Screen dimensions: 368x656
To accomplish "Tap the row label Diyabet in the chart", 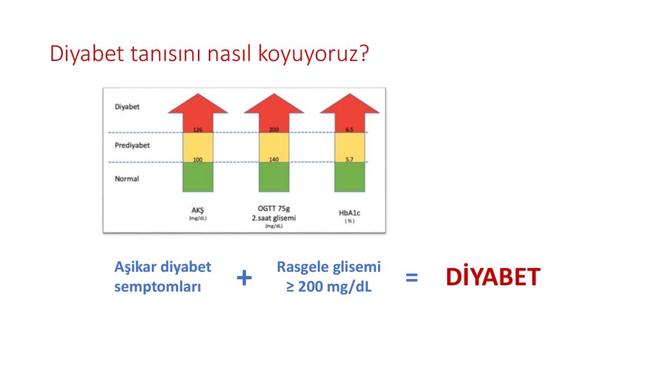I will (x=127, y=106).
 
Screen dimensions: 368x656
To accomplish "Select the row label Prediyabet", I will (x=132, y=145).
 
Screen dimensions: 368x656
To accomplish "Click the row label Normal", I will (x=127, y=179).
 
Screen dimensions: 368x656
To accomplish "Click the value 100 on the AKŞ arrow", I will (x=197, y=159).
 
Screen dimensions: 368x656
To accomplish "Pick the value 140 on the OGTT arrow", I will (x=274, y=159).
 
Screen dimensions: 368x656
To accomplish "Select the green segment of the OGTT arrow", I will (x=274, y=178).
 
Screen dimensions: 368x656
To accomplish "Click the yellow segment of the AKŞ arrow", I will (x=197, y=146).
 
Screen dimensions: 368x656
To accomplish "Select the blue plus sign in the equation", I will (x=244, y=278).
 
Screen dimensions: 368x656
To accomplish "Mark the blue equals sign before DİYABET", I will (x=412, y=278).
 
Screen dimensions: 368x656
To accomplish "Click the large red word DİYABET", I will (x=493, y=278).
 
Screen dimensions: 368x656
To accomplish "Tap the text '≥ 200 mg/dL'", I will (x=329, y=287).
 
